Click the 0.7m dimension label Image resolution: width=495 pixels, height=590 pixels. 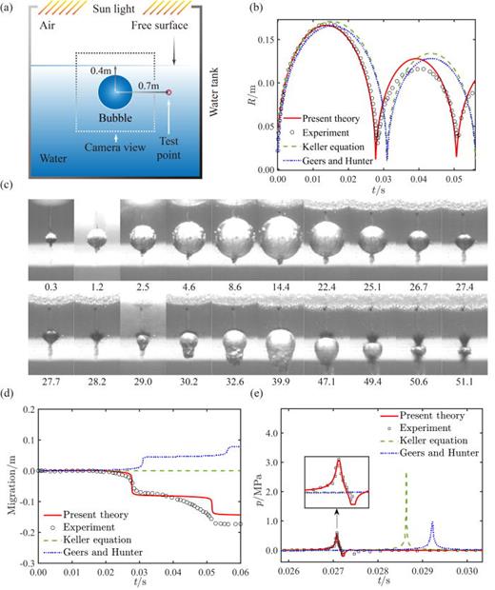point(148,85)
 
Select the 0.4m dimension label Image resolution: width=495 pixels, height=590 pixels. point(100,69)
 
